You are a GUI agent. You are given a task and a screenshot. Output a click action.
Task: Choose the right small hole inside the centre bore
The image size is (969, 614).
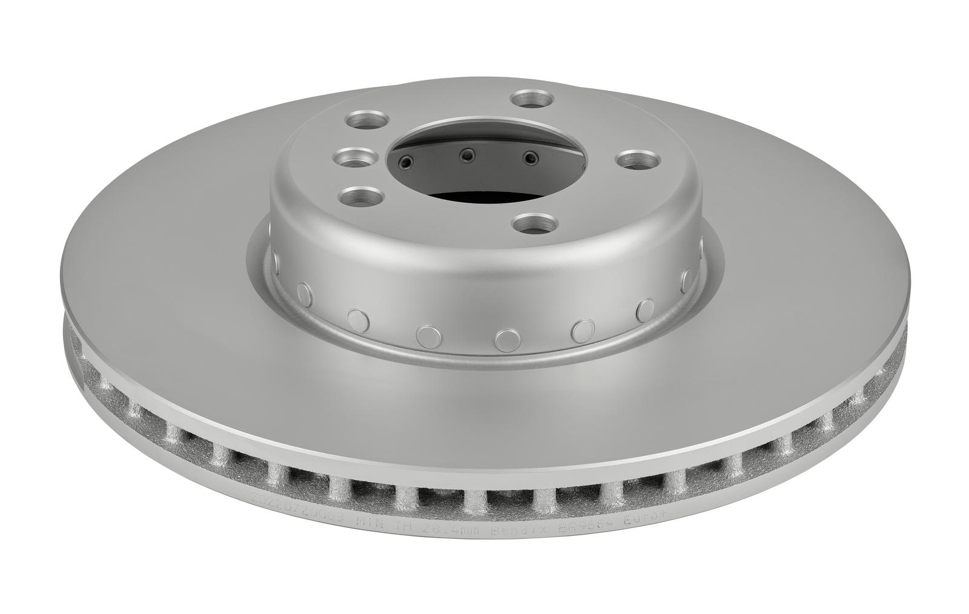531,159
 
